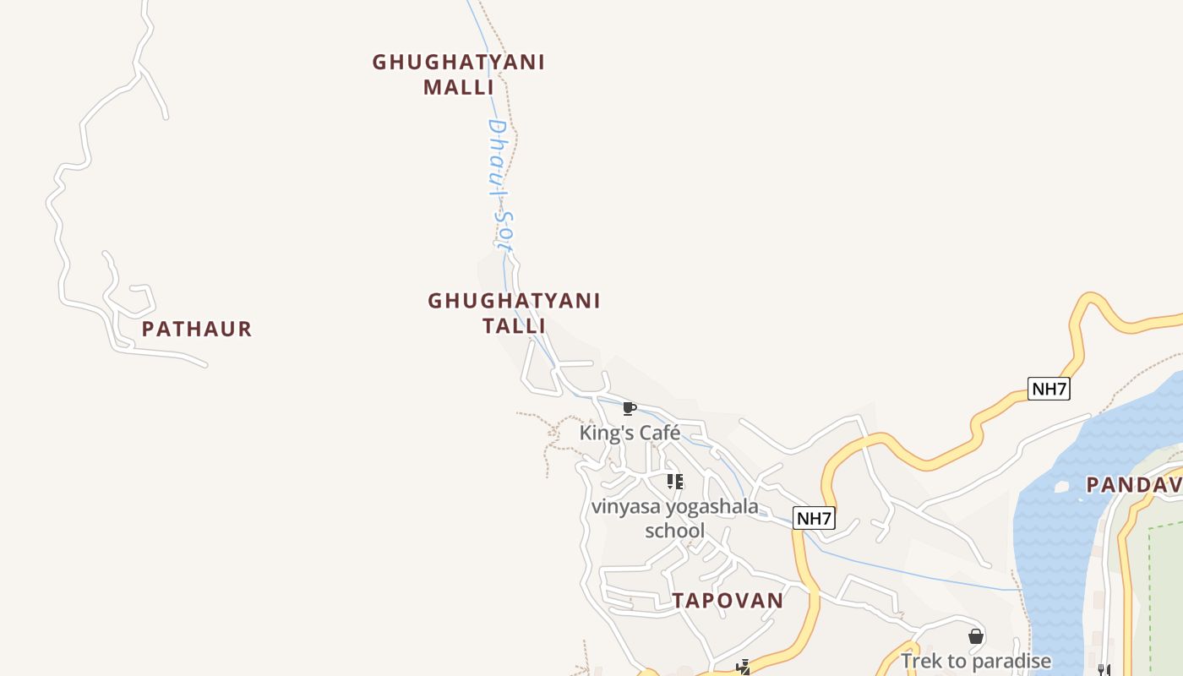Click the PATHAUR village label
pos(197,329)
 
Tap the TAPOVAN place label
pos(728,601)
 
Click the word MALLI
pos(458,87)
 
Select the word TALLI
pos(514,325)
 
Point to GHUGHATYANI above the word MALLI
pos(458,63)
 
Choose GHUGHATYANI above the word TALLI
pos(514,301)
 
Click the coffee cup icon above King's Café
pos(629,409)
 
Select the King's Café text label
pos(630,433)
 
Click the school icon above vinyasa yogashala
pos(674,482)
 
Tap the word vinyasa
pos(626,507)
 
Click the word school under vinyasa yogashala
pos(674,531)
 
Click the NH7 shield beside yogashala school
pos(814,518)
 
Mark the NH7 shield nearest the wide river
pos(1049,389)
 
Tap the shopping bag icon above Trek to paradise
pos(976,636)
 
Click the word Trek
pos(920,661)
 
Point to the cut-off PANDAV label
pos(1133,485)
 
